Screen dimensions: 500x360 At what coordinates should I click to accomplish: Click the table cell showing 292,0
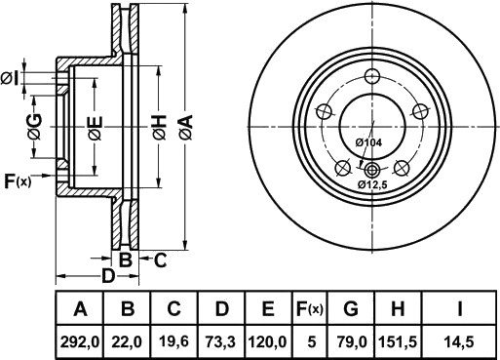80,342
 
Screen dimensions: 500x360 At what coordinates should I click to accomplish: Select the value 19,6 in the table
174,342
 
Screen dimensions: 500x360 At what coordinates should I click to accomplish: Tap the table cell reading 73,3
221,342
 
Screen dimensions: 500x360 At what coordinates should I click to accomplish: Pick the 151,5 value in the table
398,342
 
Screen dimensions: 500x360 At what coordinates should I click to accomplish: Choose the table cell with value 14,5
459,342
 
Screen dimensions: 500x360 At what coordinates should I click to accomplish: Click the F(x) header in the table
310,309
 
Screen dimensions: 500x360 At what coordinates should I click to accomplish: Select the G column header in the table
351,309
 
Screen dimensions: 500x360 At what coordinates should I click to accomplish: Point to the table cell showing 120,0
267,342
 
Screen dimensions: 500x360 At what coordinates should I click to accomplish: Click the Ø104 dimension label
368,142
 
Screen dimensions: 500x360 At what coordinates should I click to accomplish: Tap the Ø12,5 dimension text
373,184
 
